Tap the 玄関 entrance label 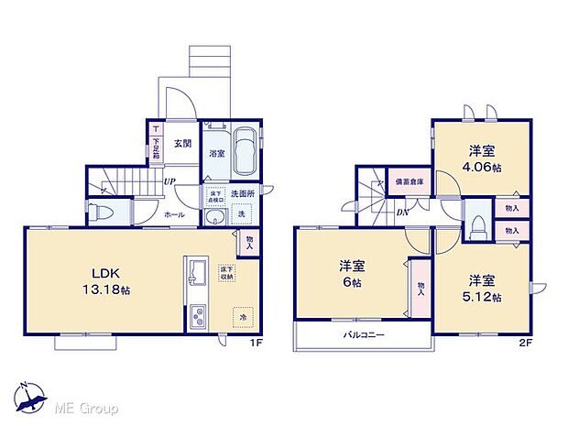[181, 143]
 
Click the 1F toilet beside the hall [102, 213]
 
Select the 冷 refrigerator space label [244, 318]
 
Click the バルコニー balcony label [364, 335]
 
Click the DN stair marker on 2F [403, 213]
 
